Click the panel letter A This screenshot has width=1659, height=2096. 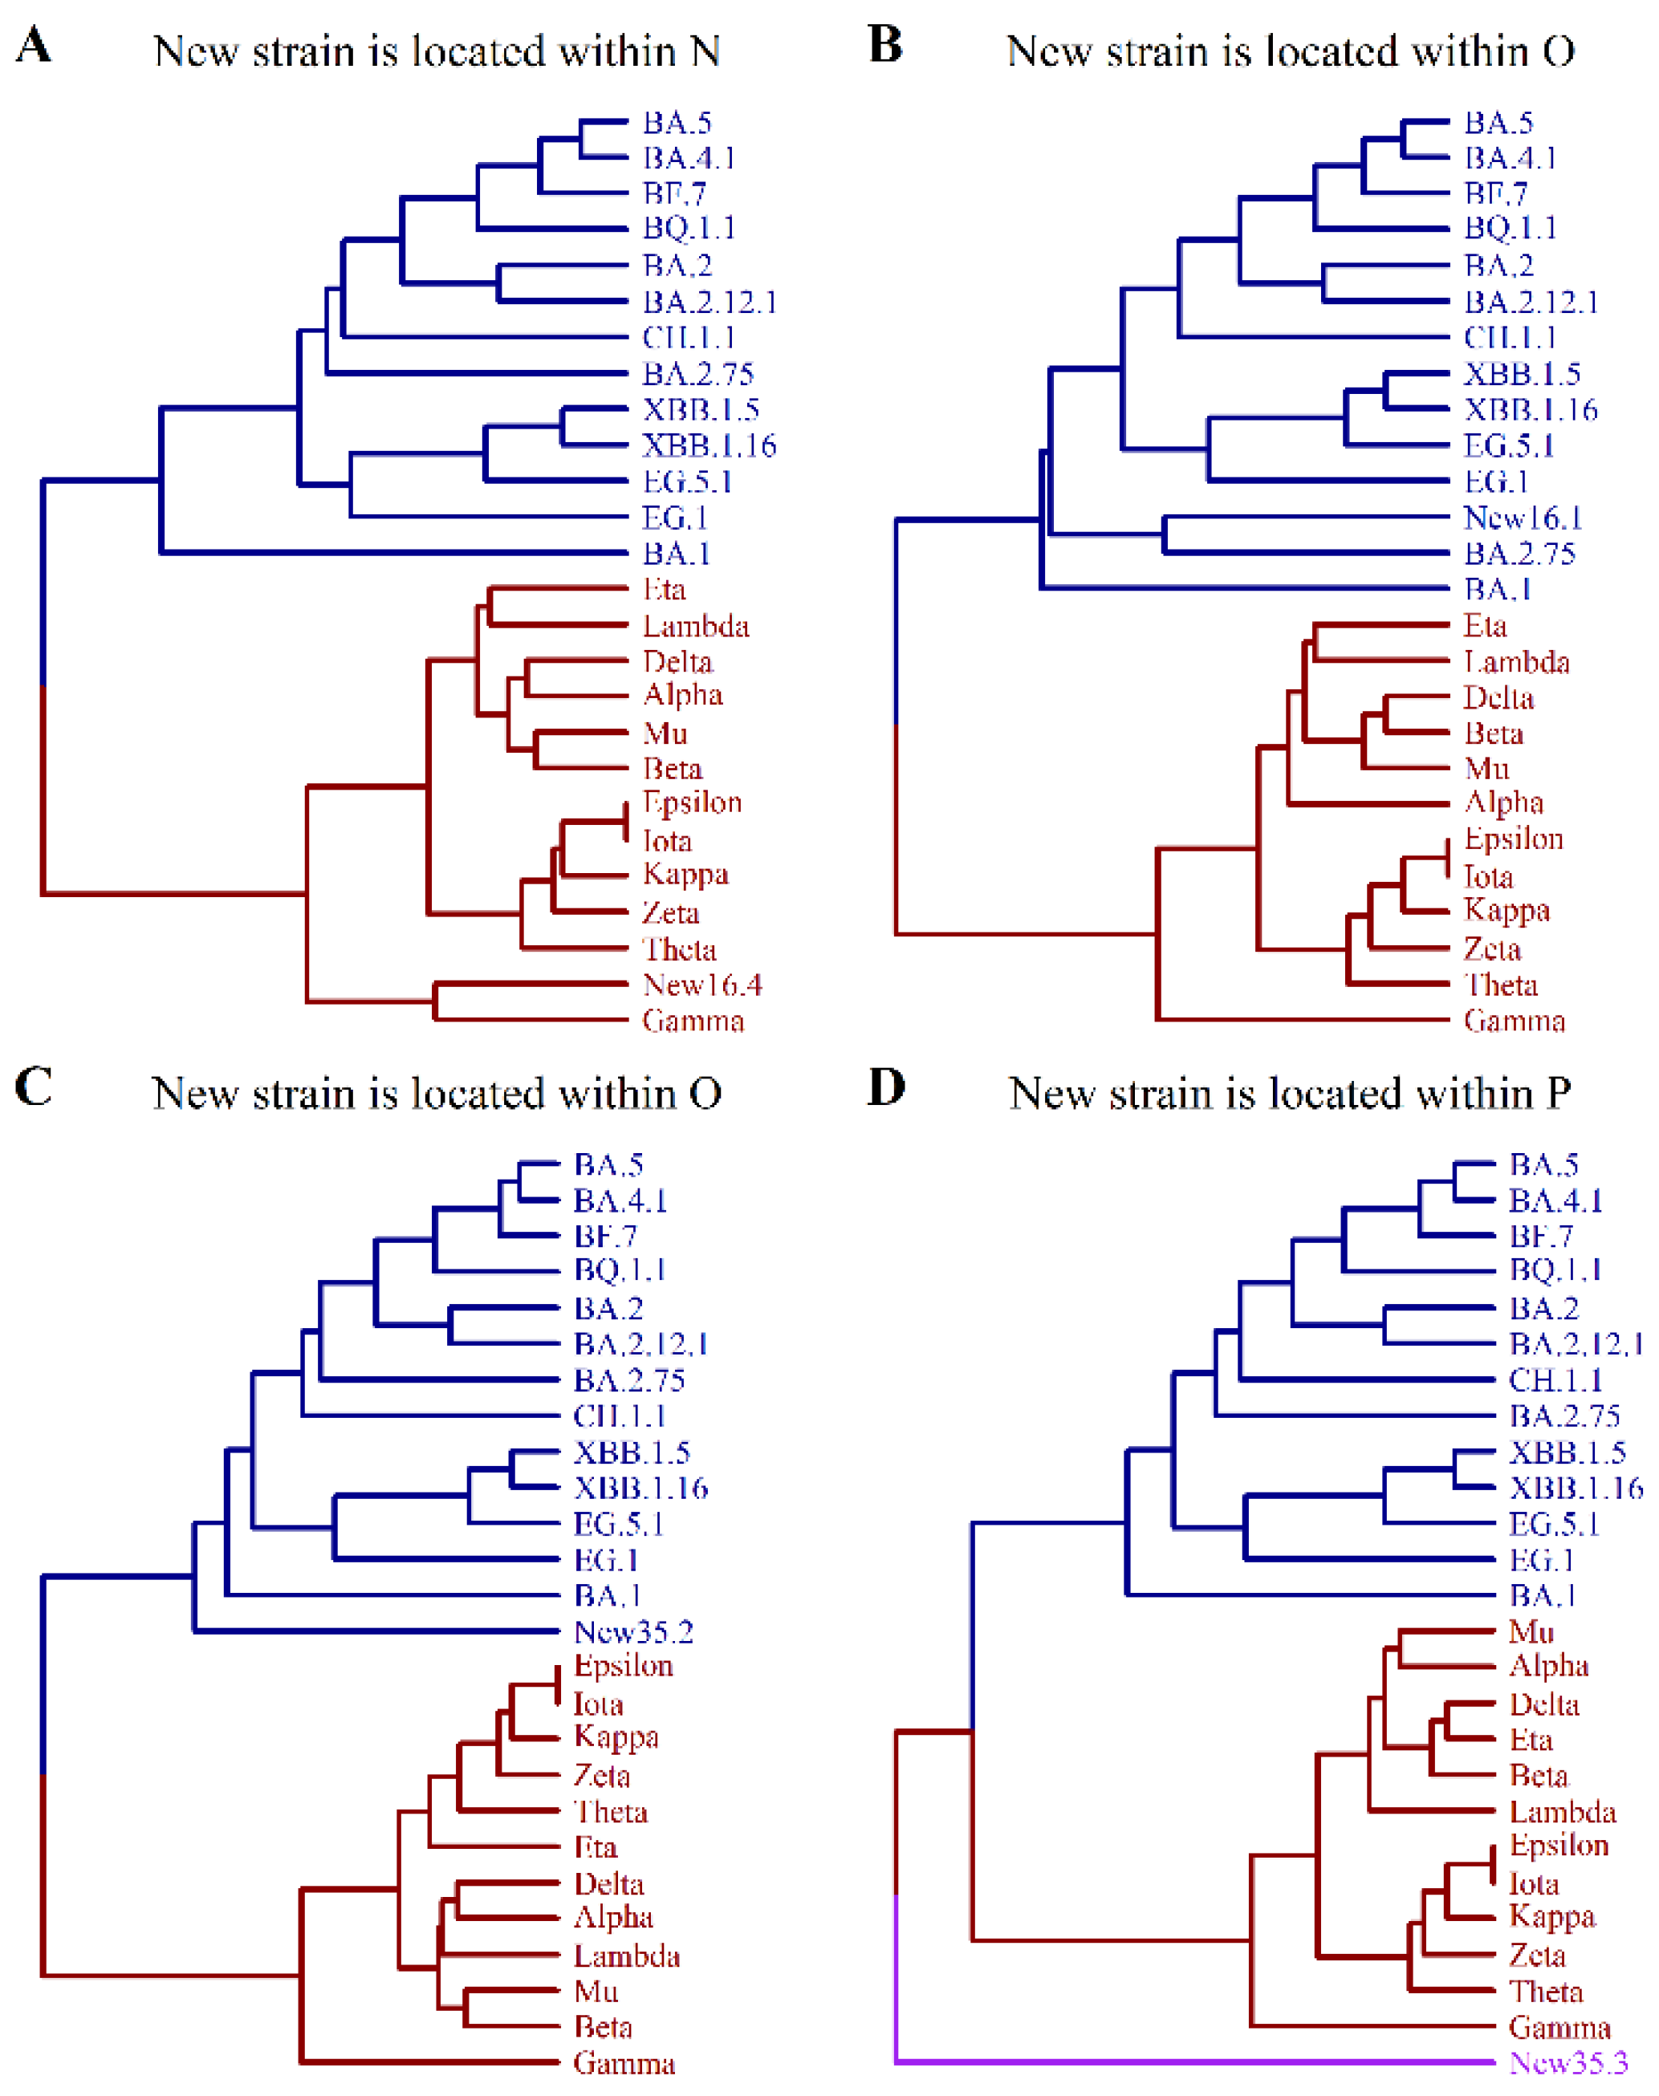pyautogui.click(x=33, y=45)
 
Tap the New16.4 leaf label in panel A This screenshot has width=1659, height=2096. pyautogui.click(x=701, y=985)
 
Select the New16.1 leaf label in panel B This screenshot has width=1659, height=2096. pyautogui.click(x=1522, y=518)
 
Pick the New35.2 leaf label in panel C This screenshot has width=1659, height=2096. pyautogui.click(x=633, y=1631)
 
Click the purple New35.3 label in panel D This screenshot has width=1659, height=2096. pyautogui.click(x=1568, y=2062)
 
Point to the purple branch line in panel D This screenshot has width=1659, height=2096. pyautogui.click(x=1165, y=2061)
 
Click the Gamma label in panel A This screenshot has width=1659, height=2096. pyautogui.click(x=693, y=1021)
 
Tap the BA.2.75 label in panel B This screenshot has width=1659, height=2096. pyautogui.click(x=1519, y=554)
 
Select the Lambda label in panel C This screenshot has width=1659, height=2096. pyautogui.click(x=627, y=1956)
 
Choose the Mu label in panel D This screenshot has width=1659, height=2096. pyautogui.click(x=1531, y=1631)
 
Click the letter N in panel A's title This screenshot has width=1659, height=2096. pyautogui.click(x=705, y=51)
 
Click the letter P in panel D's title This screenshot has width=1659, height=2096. pyautogui.click(x=1557, y=1094)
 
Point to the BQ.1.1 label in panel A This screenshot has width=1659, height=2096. pyautogui.click(x=689, y=228)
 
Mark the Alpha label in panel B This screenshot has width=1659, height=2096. pyautogui.click(x=1503, y=803)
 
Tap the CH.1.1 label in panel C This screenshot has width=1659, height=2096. pyautogui.click(x=619, y=1416)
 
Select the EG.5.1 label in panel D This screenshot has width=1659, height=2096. pyautogui.click(x=1553, y=1524)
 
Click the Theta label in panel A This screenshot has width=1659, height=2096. pyautogui.click(x=679, y=949)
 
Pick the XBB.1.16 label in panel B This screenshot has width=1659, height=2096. pyautogui.click(x=1530, y=410)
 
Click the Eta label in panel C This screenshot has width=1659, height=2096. pyautogui.click(x=596, y=1847)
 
